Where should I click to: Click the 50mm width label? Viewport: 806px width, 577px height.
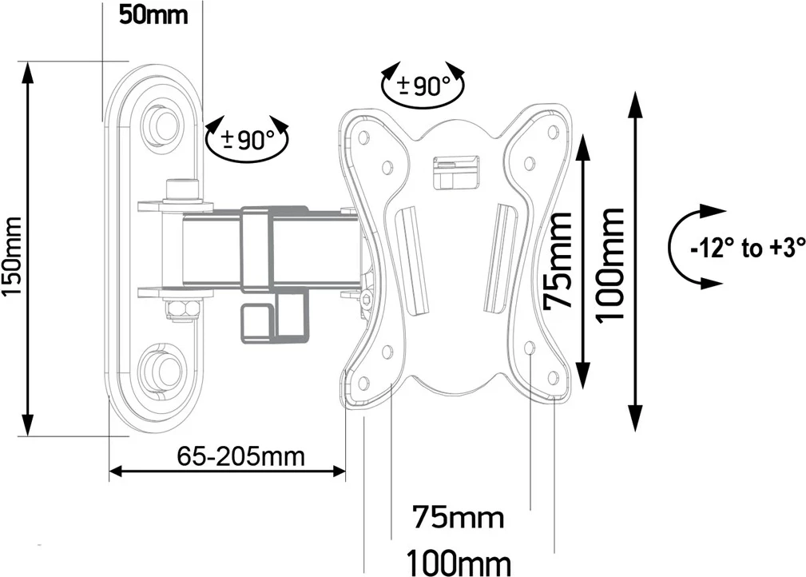pyautogui.click(x=153, y=14)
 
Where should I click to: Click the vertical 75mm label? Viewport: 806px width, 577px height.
pyautogui.click(x=558, y=261)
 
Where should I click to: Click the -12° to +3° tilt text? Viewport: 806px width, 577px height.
pyautogui.click(x=746, y=249)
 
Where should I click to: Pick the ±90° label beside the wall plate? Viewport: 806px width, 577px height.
pyautogui.click(x=248, y=141)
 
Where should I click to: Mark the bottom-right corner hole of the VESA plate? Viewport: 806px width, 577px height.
pyautogui.click(x=552, y=377)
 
